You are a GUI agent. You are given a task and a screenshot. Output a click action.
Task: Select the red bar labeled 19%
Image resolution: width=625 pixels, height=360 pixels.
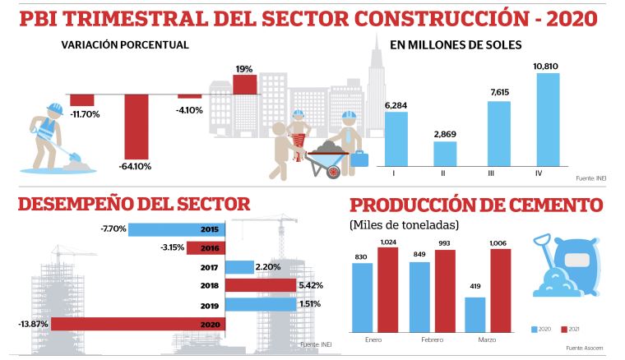click(244, 85)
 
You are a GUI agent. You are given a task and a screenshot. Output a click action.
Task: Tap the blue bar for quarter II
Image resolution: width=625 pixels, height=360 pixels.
click(445, 153)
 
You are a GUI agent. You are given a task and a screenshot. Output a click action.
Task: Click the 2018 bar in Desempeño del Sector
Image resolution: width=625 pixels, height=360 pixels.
click(260, 286)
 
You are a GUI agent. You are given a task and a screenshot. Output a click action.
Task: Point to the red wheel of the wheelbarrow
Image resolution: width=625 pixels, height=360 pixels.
click(333, 172)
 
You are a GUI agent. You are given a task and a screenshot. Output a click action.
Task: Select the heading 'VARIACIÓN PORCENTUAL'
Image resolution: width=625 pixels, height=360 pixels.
click(125, 44)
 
